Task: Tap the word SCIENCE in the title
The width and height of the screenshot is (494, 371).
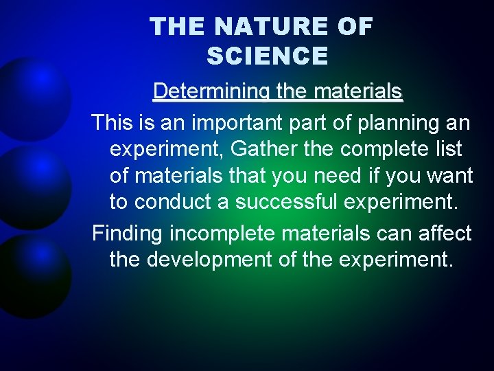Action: (267, 56)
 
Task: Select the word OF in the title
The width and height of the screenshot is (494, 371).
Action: (355, 27)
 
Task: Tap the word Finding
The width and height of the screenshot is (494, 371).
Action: (128, 234)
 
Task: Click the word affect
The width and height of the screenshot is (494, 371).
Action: (443, 234)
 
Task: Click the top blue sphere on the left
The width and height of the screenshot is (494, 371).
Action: (31, 96)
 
